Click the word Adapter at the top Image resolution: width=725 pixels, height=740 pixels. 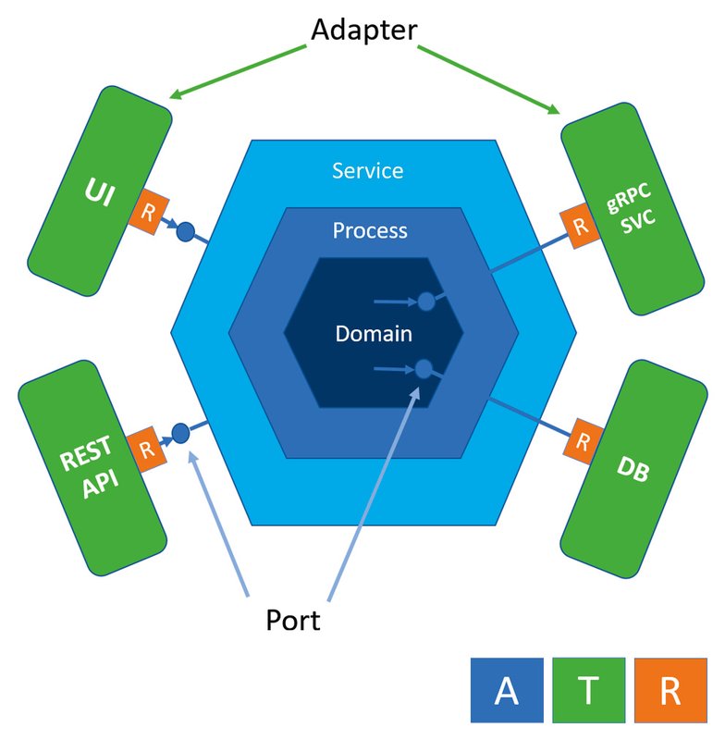click(364, 31)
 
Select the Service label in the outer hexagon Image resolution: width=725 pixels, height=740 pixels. click(367, 171)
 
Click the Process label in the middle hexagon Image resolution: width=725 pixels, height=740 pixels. click(370, 230)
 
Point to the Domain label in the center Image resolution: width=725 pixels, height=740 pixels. click(374, 334)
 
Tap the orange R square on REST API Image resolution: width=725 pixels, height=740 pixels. click(145, 450)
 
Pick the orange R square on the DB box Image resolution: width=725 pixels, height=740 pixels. click(583, 440)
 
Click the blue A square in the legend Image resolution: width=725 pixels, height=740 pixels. click(506, 691)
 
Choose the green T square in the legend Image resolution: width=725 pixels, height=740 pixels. click(588, 691)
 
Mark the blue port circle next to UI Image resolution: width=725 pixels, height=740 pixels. click(184, 232)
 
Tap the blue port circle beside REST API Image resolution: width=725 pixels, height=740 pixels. click(180, 432)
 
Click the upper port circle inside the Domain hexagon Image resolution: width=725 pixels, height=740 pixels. click(426, 302)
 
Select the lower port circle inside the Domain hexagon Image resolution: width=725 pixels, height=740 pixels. click(424, 369)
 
